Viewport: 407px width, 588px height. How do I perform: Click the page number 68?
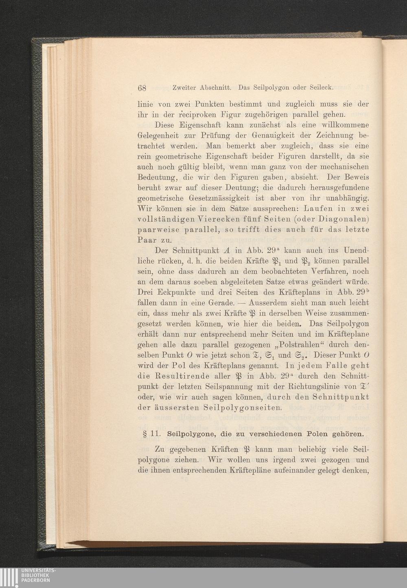point(142,87)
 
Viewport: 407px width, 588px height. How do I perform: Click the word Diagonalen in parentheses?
point(345,220)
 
